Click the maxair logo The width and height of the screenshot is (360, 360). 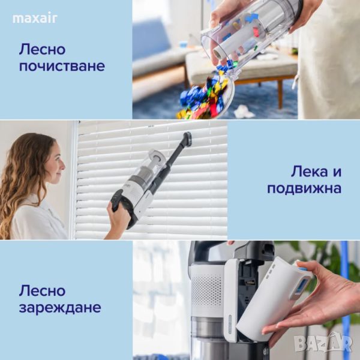pos(35,19)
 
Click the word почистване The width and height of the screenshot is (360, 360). pos(62,66)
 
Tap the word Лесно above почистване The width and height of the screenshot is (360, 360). pos(42,49)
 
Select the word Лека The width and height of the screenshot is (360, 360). pos(308,172)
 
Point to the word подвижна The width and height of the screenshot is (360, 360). pos(304,188)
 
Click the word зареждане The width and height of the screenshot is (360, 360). pos(60,308)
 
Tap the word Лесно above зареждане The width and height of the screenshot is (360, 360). pos(42,290)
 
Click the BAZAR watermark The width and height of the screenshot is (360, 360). pos(323,343)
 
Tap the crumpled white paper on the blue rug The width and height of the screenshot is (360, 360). pos(244,112)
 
